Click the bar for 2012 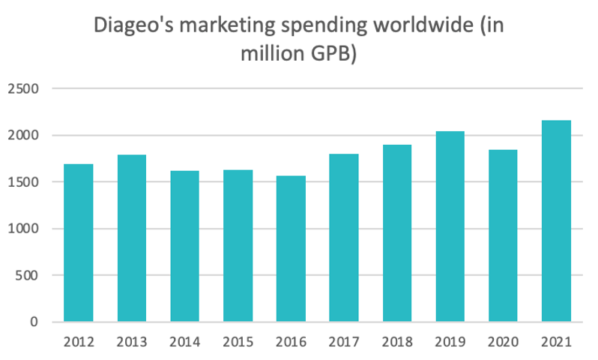(x=78, y=243)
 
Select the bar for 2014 (x=184, y=247)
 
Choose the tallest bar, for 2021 (x=555, y=221)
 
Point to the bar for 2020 (x=502, y=235)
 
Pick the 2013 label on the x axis (x=131, y=343)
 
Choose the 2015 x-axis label (x=238, y=343)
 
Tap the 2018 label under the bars (x=396, y=343)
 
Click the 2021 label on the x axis (x=555, y=343)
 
